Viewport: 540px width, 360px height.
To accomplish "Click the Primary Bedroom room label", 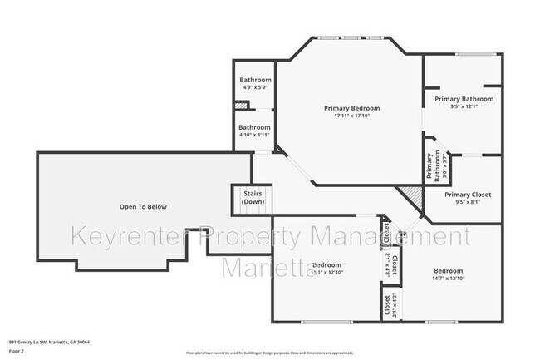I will (x=351, y=108).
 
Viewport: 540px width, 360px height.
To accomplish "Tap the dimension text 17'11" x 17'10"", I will (x=351, y=116).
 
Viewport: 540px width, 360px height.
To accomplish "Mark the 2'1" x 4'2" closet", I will (x=387, y=305).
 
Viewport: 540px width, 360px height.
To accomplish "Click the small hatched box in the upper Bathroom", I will (x=241, y=106).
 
